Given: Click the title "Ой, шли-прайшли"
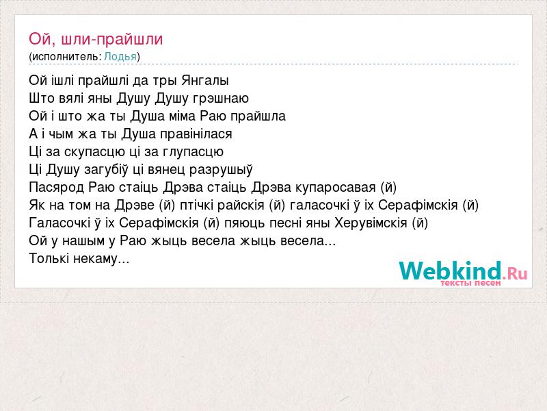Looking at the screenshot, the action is coord(96,39).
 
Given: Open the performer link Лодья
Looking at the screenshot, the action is coord(120,57).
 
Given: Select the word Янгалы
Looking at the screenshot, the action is coord(205,81).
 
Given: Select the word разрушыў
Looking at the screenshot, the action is coord(221,170).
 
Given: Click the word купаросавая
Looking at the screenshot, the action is coord(335,188).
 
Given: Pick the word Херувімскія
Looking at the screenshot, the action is coord(371,223).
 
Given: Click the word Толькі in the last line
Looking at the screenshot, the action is coord(49,259).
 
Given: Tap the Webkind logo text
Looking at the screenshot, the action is coord(463,271).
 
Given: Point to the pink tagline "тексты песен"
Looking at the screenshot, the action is coord(470,282).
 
